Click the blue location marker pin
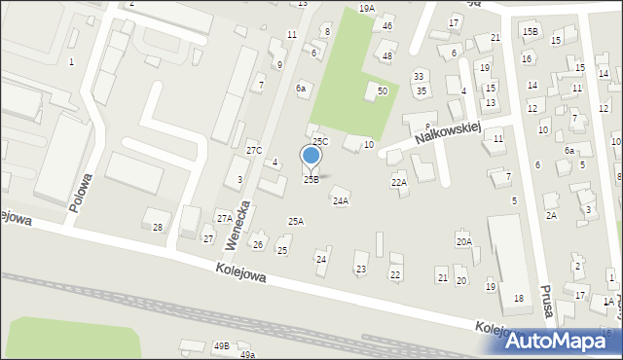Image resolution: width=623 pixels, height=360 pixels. tap(311, 157)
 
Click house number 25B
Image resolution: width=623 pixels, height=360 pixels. tap(311, 179)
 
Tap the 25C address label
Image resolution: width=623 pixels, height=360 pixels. tap(320, 142)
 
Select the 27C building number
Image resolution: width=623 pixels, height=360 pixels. tap(254, 150)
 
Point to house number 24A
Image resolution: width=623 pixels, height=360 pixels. tap(341, 201)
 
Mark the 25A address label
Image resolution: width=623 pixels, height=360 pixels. tap(296, 221)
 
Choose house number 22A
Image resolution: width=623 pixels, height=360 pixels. tap(399, 182)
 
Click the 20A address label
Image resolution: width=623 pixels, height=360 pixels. tap(464, 241)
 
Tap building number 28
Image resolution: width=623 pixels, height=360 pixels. tap(158, 227)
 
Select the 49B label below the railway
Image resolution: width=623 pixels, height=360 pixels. tap(222, 345)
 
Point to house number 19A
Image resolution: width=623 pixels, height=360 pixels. tap(366, 8)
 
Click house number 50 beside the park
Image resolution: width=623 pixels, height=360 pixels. tap(383, 90)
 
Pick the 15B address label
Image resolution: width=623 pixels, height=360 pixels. tap(530, 31)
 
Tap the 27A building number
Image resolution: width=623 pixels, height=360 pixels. tap(225, 218)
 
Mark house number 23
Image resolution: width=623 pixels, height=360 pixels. tap(361, 269)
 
